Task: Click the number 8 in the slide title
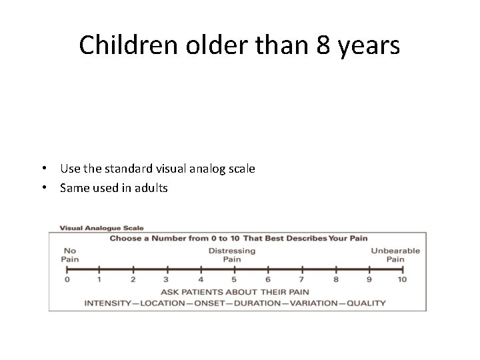pyautogui.click(x=328, y=45)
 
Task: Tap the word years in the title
pyautogui.click(x=371, y=47)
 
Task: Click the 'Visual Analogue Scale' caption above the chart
pyautogui.click(x=101, y=227)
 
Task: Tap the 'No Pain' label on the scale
pyautogui.click(x=69, y=255)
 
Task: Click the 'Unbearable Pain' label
pyautogui.click(x=395, y=255)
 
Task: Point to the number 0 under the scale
pyautogui.click(x=67, y=279)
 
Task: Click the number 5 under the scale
pyautogui.click(x=234, y=279)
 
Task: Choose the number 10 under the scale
pyautogui.click(x=402, y=279)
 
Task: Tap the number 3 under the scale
pyautogui.click(x=167, y=279)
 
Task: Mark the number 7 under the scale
pyautogui.click(x=301, y=279)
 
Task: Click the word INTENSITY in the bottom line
pyautogui.click(x=108, y=303)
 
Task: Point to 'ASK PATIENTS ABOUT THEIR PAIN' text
pyautogui.click(x=235, y=291)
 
